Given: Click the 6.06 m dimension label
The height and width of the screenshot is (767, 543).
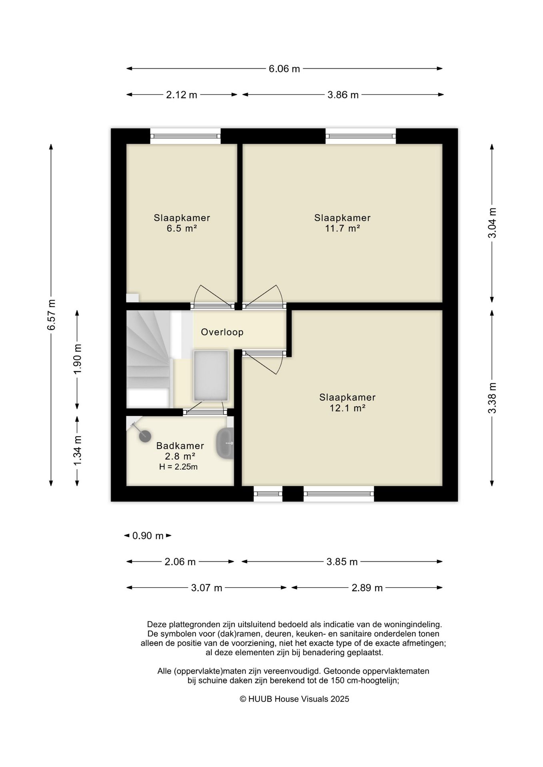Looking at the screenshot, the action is [x=284, y=69].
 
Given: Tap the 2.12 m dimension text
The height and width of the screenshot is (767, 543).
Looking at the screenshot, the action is [x=182, y=95].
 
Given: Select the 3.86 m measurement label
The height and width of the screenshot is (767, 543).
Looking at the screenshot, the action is [x=343, y=95].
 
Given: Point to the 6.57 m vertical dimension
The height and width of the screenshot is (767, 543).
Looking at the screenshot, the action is [x=51, y=314].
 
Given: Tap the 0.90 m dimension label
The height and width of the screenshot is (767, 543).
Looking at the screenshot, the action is [x=148, y=536].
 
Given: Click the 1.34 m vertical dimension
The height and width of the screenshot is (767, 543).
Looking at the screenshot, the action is [x=78, y=450].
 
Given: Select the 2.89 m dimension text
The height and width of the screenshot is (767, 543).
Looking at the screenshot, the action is [x=367, y=588].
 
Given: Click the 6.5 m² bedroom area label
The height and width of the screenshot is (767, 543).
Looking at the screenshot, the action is [x=182, y=229].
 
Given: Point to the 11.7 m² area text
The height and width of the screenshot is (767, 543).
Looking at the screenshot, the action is [x=343, y=229].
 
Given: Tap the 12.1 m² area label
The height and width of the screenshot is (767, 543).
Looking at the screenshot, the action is [x=347, y=408].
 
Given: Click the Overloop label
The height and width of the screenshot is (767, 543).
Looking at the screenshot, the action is [x=222, y=332].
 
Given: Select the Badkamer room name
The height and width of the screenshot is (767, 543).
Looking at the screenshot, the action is [x=180, y=446].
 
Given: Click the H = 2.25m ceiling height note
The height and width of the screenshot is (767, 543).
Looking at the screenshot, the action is [x=178, y=467].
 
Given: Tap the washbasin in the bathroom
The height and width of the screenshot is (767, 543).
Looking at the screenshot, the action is [x=225, y=443].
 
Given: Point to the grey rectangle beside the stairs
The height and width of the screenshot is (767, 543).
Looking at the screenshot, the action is [x=211, y=376].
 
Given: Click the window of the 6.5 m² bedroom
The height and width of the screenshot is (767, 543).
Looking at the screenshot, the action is [x=186, y=136].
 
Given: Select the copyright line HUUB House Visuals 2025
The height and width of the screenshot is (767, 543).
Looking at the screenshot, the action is [x=294, y=699].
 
